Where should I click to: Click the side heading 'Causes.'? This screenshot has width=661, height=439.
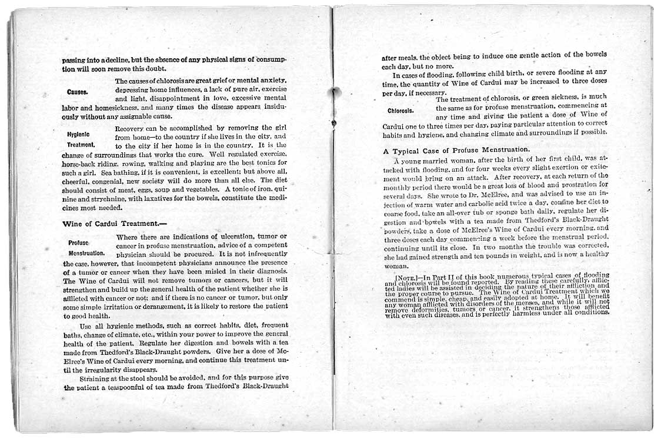[x=78, y=92]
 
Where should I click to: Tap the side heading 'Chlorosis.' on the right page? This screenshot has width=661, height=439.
[x=401, y=110]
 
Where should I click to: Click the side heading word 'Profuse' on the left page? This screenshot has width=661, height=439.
[x=78, y=242]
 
